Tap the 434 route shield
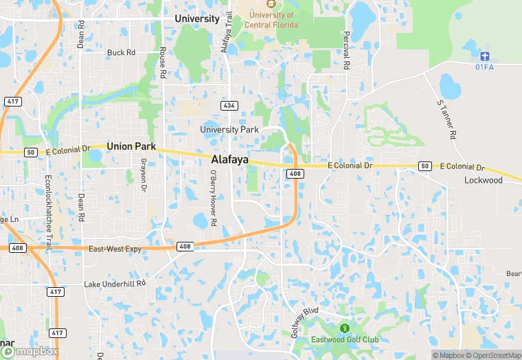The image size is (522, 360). coord(229,105)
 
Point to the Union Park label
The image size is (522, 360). coord(130,146)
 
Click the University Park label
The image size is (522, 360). coord(229,129)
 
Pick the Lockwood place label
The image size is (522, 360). coord(483,180)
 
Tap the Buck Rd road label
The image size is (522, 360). coord(121,52)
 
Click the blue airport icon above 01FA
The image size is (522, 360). coord(486,55)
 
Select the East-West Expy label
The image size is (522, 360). coord(115,249)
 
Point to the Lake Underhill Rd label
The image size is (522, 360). coord(115,284)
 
